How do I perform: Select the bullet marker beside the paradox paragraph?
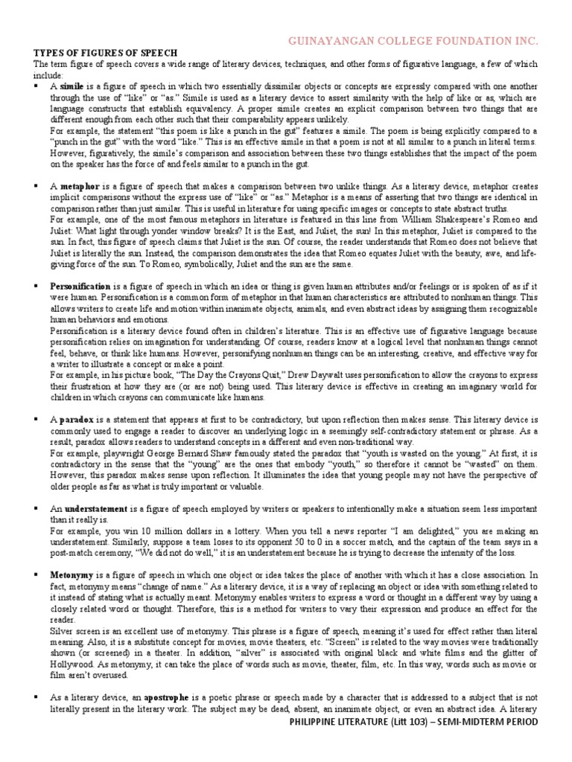tap(36, 420)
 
